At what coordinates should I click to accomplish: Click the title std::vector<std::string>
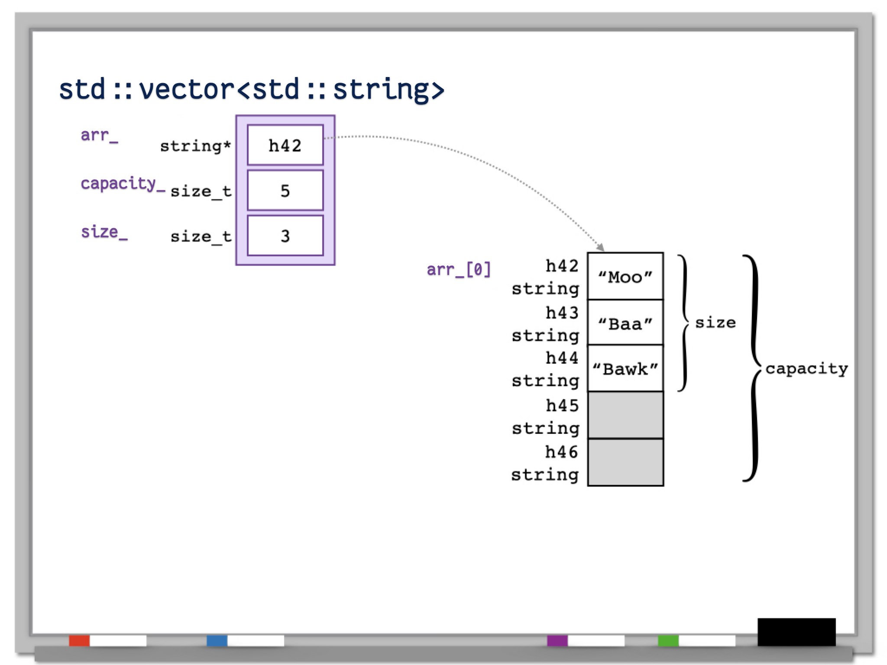coord(252,90)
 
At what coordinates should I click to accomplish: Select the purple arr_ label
coord(99,135)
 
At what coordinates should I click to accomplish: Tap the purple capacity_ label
coord(123,184)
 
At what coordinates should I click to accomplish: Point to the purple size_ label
coord(104,232)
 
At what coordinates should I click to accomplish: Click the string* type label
coord(195,146)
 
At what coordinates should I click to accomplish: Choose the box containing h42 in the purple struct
coord(285,145)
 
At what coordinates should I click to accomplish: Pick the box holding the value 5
coord(285,190)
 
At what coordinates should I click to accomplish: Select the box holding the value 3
coord(285,236)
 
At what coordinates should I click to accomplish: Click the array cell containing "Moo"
coord(625,276)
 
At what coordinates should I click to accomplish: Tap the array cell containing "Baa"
coord(625,323)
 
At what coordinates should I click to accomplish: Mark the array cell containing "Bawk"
coord(625,368)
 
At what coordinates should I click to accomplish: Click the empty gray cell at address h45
coord(625,415)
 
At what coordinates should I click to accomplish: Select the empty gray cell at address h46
coord(625,462)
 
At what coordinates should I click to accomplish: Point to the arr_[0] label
coord(458,269)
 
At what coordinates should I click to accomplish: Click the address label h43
coord(562,313)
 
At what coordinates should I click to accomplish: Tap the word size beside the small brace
coord(715,323)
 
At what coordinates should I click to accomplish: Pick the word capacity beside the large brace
coord(806,368)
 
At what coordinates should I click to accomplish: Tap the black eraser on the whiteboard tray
coord(796,632)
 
